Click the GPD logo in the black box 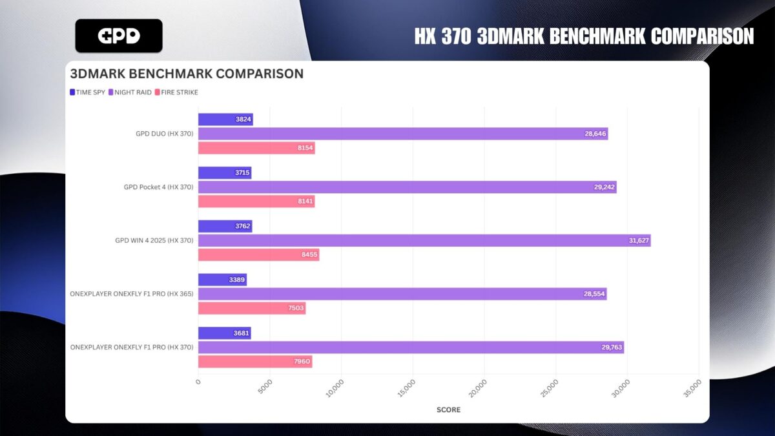(x=119, y=36)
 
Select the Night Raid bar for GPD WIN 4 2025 (x=424, y=240)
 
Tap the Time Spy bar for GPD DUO (x=225, y=119)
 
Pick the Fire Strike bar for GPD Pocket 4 (x=256, y=202)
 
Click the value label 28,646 (x=592, y=134)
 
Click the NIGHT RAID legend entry (x=130, y=92)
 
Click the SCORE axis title (x=448, y=410)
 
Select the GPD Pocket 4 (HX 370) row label (x=158, y=187)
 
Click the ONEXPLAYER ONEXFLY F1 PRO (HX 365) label (x=132, y=294)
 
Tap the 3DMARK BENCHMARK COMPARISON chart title (x=187, y=74)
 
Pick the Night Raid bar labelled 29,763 (x=411, y=348)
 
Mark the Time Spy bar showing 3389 (x=222, y=280)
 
